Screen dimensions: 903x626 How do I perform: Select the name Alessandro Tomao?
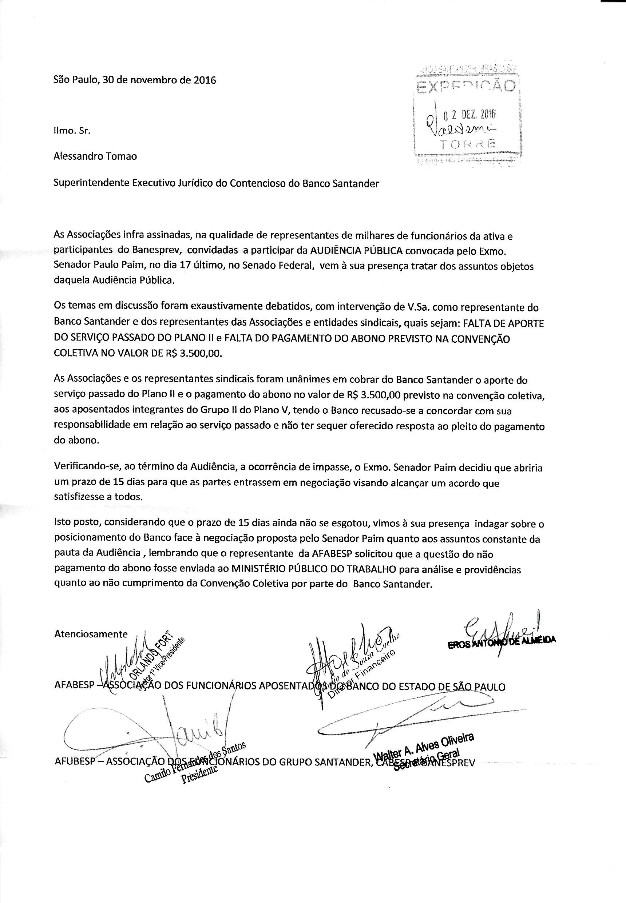pos(95,156)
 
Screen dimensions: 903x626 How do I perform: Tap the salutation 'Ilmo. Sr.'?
pos(72,131)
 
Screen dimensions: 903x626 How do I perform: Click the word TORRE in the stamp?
pos(467,145)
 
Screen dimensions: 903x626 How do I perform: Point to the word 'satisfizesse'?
pos(75,497)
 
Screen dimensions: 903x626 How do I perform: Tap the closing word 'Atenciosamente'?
pos(91,634)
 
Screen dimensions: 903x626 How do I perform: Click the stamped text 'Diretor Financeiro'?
pos(360,675)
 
